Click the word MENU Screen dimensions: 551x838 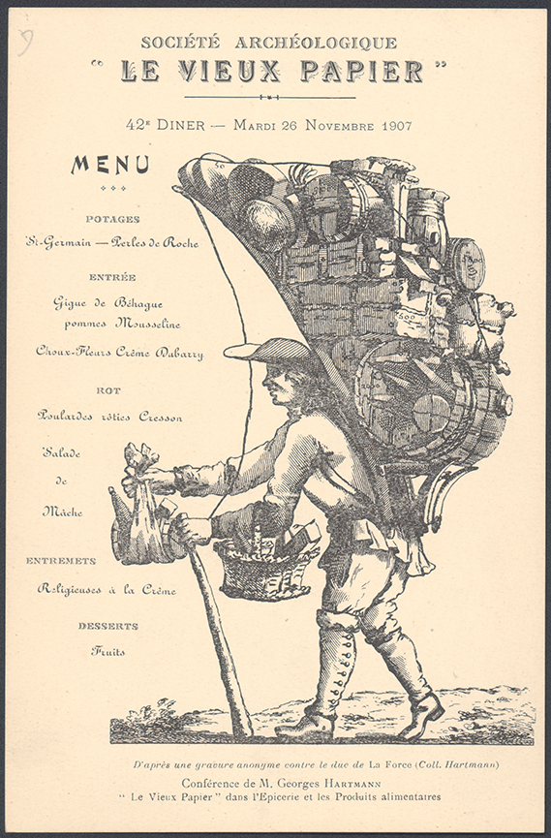point(110,165)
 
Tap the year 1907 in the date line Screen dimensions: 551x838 point(397,126)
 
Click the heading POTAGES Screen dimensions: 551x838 point(112,219)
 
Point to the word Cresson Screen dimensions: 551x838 point(161,417)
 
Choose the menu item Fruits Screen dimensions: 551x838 point(107,651)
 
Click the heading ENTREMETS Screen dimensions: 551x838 point(61,561)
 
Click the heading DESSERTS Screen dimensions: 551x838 point(108,626)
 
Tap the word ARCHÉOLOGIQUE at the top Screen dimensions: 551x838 point(316,43)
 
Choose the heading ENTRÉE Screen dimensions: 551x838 point(112,277)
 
